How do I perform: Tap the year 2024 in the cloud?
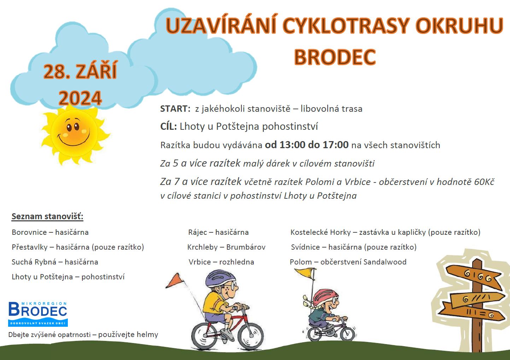(x=80, y=98)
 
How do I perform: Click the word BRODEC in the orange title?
(x=335, y=57)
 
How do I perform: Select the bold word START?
(x=175, y=109)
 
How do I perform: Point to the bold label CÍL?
(x=169, y=126)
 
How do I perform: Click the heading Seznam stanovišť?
(x=47, y=216)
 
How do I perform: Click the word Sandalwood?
(x=385, y=262)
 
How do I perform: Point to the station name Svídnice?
(x=305, y=247)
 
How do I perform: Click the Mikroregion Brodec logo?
(x=38, y=314)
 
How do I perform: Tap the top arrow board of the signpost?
(x=474, y=277)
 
